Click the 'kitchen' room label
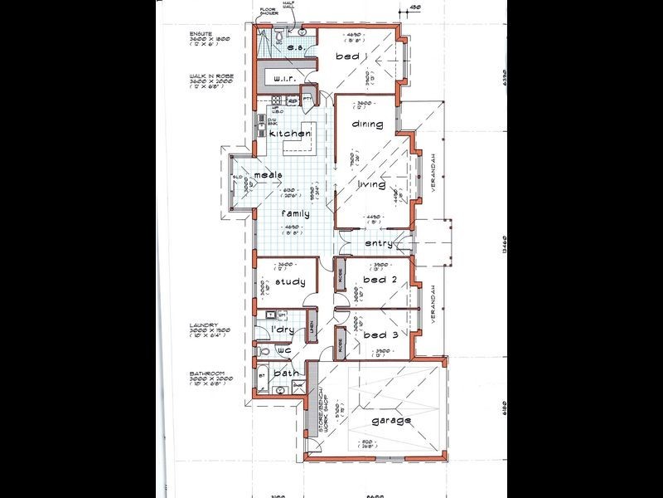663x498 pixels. [289, 134]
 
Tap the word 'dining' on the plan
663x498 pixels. [367, 124]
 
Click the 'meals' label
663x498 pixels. [269, 175]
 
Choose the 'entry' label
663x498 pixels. [379, 244]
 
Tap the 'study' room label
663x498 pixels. [290, 281]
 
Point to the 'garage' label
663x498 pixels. [390, 420]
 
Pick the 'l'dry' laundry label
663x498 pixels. [284, 330]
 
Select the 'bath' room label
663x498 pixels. [286, 373]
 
